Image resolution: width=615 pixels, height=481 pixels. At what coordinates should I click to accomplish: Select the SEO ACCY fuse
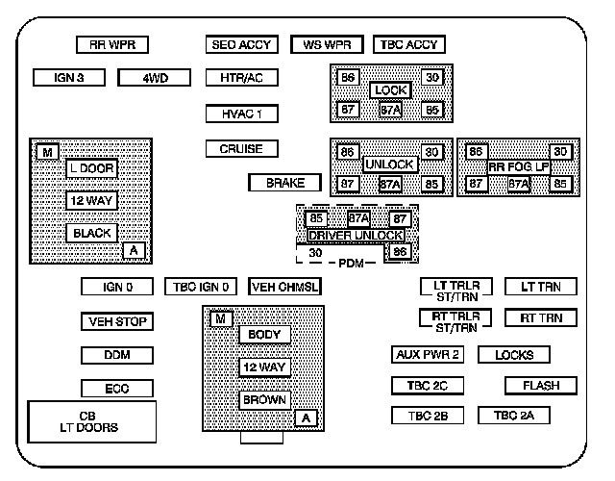click(241, 44)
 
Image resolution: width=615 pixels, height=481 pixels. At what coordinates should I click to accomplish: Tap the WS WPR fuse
click(326, 44)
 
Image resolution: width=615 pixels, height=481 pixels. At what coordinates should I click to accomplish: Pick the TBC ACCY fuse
click(407, 44)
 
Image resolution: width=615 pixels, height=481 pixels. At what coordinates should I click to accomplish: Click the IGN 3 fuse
click(68, 77)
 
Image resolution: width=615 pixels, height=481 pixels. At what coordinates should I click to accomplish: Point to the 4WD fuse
click(155, 77)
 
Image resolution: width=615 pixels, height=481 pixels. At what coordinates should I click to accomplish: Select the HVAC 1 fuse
click(241, 114)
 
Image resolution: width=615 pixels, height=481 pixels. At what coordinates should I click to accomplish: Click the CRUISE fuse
click(241, 149)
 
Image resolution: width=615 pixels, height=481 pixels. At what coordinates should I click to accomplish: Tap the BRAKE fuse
click(284, 182)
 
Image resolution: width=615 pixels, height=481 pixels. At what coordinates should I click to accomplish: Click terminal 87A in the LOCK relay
click(390, 110)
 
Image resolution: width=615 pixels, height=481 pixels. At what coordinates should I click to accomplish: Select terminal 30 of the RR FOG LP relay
click(560, 152)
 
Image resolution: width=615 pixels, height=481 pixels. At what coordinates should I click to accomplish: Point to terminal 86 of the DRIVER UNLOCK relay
click(401, 252)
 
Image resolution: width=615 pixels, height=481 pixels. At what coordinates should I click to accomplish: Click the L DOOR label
click(91, 167)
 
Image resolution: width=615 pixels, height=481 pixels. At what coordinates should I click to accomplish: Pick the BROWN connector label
click(264, 399)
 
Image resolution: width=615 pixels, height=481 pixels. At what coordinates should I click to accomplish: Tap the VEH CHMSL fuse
click(284, 287)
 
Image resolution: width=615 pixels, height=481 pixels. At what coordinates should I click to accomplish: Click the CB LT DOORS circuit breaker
click(92, 421)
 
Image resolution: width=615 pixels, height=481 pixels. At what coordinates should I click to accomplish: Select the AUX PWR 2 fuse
click(429, 354)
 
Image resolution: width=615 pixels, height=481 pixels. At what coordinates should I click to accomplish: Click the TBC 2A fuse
click(520, 416)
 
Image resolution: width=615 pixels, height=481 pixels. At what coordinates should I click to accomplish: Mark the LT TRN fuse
click(540, 287)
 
